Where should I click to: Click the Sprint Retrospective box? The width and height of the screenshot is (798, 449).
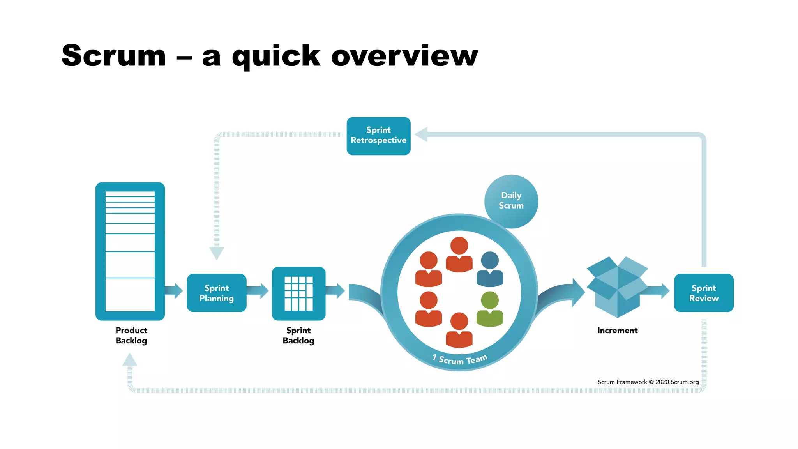[378, 136]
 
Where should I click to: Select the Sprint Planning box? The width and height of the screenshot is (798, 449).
[217, 293]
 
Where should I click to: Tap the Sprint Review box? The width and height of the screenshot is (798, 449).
[704, 293]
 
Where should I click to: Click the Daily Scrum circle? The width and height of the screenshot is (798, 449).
[511, 201]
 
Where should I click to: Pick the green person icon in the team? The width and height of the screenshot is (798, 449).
[490, 309]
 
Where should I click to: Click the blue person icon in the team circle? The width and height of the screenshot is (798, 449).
[490, 269]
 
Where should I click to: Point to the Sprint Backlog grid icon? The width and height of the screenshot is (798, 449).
[298, 293]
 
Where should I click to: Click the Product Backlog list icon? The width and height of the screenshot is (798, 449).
[130, 251]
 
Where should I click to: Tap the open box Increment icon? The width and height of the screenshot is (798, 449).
[617, 287]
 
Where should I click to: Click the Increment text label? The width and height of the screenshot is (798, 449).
[617, 331]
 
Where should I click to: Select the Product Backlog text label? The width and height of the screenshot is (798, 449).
[131, 335]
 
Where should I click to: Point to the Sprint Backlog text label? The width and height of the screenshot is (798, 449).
[298, 335]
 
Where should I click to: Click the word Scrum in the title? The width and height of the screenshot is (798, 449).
[114, 56]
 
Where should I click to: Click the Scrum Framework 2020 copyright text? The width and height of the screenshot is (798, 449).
[648, 382]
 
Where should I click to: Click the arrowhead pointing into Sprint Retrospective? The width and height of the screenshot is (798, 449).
[421, 134]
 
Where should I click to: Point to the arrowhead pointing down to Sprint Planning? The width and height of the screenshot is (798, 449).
[217, 253]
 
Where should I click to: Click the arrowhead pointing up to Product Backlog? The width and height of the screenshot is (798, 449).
[130, 359]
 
